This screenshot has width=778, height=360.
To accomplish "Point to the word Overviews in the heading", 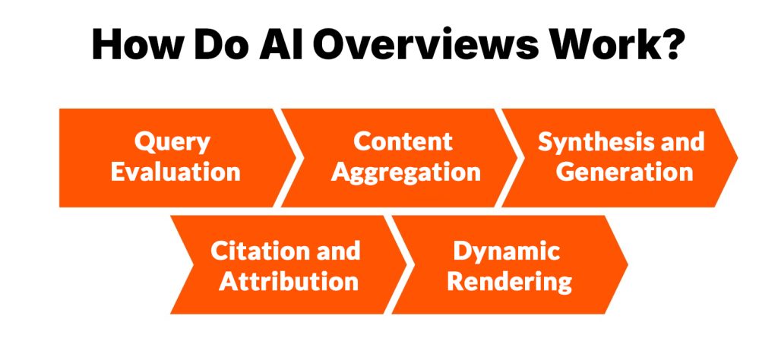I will [428, 47].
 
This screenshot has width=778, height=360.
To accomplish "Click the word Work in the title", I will [597, 47].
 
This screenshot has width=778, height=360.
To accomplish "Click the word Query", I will [172, 142].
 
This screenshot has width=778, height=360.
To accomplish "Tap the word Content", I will [403, 142].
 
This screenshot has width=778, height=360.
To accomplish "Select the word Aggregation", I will [406, 172].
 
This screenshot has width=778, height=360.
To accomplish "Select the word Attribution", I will [289, 281].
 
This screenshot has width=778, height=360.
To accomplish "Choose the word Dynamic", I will [507, 251].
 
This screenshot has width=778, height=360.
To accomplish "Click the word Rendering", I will [509, 281].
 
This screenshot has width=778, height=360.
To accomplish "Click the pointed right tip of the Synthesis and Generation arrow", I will [736, 158].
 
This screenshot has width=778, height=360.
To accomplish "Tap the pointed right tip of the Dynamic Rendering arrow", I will [627, 265].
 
